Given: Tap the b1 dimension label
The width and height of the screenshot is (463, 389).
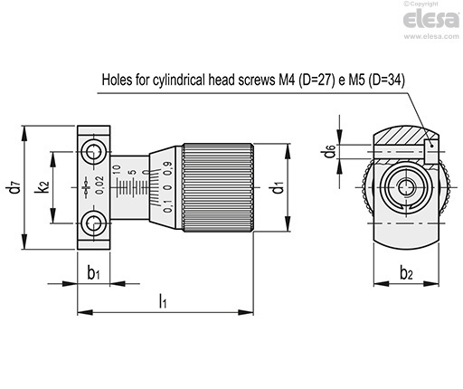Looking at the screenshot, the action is click(93, 272).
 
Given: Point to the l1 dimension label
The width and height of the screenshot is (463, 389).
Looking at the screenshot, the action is click(163, 300).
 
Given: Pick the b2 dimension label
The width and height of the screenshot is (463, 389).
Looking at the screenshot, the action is click(406, 273).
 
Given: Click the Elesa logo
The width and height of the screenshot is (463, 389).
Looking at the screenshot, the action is click(431, 19).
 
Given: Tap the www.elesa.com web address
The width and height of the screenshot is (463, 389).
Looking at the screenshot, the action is click(431, 36).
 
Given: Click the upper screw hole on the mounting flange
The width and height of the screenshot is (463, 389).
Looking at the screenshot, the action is click(94, 151).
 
